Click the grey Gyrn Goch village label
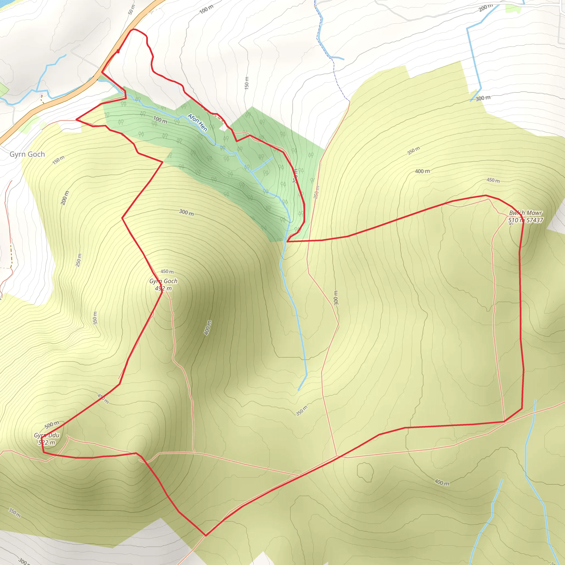(27, 154)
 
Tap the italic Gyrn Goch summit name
(163, 281)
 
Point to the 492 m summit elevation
(163, 288)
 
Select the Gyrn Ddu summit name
(47, 435)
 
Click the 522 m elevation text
(47, 443)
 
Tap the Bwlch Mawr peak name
(526, 213)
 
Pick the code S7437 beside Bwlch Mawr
(535, 220)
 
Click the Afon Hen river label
(198, 122)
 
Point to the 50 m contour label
(132, 10)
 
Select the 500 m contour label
(52, 425)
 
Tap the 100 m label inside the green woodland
(160, 120)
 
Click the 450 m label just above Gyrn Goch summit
(167, 272)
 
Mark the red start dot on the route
(118, 51)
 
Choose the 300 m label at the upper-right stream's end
(483, 98)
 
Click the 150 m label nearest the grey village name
(58, 160)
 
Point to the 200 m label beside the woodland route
(295, 176)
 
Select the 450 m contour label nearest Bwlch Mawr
(493, 180)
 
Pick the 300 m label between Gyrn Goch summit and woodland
(186, 212)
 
